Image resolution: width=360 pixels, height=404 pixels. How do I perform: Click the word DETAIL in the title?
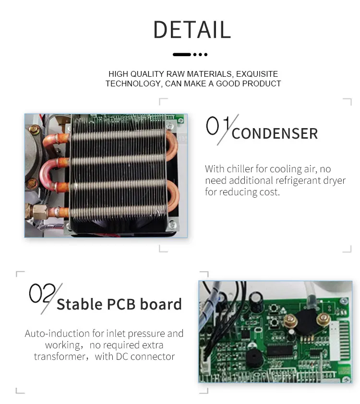click(x=192, y=30)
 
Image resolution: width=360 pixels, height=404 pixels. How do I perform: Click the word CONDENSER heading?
click(x=275, y=133)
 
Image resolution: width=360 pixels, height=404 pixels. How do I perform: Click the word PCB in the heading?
click(x=121, y=304)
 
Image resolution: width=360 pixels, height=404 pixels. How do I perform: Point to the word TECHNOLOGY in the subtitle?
click(x=134, y=84)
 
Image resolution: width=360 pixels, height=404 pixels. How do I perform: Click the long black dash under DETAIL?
click(x=182, y=54)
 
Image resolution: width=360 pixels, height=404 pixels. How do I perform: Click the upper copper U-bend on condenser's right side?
click(x=172, y=145)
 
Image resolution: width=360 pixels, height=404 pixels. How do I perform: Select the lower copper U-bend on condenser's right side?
click(x=173, y=195)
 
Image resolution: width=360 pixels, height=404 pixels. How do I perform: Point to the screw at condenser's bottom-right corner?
click(x=172, y=225)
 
